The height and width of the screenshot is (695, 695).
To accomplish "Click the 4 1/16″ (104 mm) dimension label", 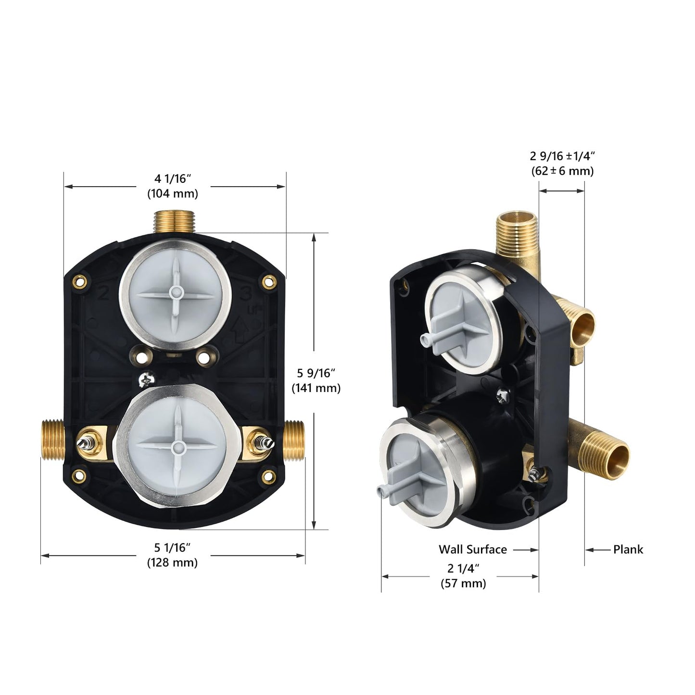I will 172,186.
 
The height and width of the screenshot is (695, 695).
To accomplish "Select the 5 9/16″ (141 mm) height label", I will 316,380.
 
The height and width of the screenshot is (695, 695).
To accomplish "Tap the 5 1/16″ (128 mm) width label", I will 172,555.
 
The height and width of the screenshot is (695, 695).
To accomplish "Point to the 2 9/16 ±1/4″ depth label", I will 562,163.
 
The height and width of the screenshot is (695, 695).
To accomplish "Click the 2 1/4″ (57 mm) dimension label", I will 463,576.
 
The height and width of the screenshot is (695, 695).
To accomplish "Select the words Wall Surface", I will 472,549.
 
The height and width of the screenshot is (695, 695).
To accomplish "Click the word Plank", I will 628,549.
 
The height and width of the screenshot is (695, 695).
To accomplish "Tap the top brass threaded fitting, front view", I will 174,222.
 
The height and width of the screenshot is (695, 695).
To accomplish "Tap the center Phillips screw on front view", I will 145,380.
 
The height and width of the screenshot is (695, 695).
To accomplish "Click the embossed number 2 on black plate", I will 102,293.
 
